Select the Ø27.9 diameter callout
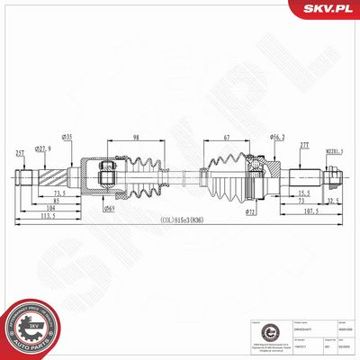(43, 148)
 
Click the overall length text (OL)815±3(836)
(180, 220)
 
